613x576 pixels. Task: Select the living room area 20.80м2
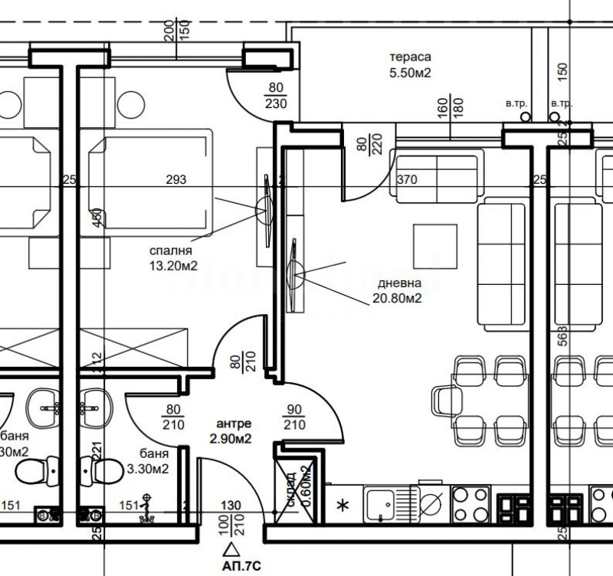[397, 299]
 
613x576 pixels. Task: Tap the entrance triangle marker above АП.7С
[229, 548]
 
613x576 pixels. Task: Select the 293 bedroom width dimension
[176, 180]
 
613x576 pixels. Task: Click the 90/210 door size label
[295, 417]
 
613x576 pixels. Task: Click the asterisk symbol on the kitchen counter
[343, 506]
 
